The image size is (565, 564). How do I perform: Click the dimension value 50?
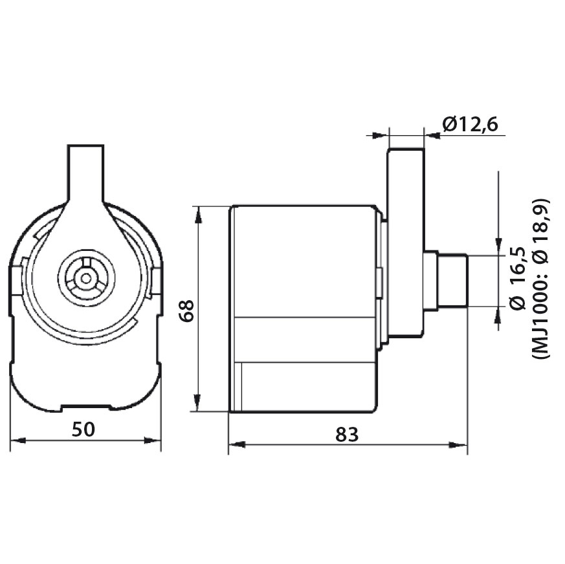86,429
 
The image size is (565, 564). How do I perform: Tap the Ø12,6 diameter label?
470,124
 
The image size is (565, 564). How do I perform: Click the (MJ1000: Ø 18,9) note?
541,278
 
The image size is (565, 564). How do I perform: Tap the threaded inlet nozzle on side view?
452,281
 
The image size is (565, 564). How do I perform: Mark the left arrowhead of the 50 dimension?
16,440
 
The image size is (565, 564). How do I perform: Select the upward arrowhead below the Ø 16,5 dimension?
498,315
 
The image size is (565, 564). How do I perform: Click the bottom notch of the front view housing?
85,407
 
